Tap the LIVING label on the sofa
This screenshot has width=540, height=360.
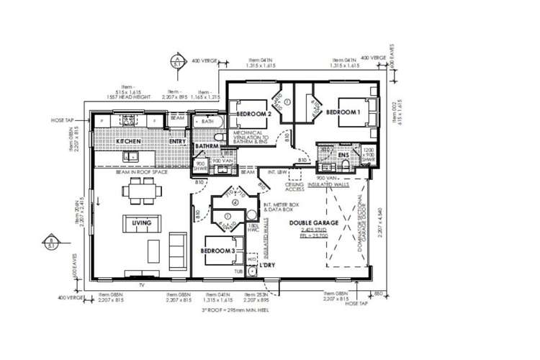click(142, 223)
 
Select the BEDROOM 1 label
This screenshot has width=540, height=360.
click(343, 113)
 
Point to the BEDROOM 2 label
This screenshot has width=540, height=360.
click(253, 114)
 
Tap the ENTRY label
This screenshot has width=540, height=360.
click(177, 142)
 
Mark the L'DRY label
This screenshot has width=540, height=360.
click(269, 264)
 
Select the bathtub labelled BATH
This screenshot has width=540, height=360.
click(207, 122)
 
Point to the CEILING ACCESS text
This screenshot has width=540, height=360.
click(294, 188)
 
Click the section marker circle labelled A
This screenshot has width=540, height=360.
click(176, 61)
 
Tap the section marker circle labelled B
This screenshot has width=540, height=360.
click(51, 243)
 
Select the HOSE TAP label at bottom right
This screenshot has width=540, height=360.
click(356, 304)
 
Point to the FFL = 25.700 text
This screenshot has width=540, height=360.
click(334, 235)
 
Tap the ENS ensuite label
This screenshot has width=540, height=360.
click(343, 154)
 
